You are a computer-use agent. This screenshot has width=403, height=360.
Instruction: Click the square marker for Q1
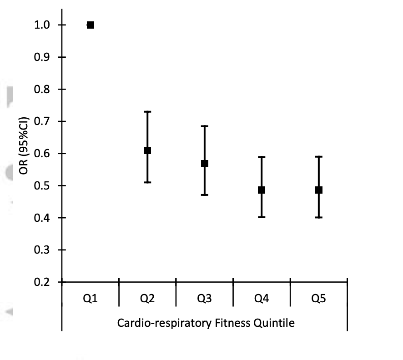pyautogui.click(x=91, y=25)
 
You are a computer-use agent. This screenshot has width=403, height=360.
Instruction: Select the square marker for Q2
pyautogui.click(x=147, y=150)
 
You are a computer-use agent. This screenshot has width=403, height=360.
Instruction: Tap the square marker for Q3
pyautogui.click(x=205, y=164)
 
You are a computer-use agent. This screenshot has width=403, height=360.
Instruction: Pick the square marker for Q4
pyautogui.click(x=262, y=190)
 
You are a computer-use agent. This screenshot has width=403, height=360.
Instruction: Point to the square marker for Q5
pyautogui.click(x=319, y=190)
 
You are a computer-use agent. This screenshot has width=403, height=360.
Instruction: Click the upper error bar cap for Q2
pyautogui.click(x=147, y=111)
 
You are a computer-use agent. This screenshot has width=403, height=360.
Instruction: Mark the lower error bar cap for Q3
pyautogui.click(x=205, y=195)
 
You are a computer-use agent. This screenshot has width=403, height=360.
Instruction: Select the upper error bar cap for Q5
pyautogui.click(x=319, y=157)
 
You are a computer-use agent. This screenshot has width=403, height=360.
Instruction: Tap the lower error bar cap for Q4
pyautogui.click(x=262, y=217)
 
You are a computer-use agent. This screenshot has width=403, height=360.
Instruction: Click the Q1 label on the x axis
pyautogui.click(x=90, y=299)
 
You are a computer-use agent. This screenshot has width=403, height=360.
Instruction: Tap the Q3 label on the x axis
pyautogui.click(x=204, y=299)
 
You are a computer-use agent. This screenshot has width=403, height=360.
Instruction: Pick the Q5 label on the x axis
pyautogui.click(x=319, y=299)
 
